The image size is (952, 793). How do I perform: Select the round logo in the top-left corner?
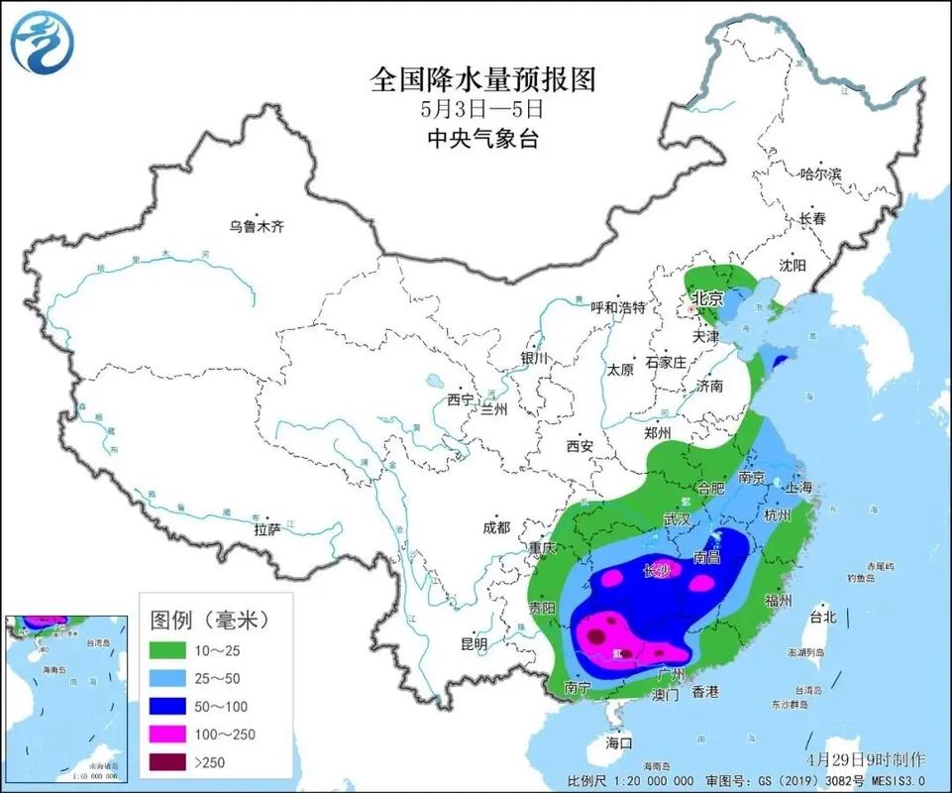pos(41,41)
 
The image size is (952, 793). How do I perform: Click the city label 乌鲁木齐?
pos(257,227)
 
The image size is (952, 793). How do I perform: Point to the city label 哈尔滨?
pos(820,174)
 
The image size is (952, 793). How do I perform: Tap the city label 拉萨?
pos(267,529)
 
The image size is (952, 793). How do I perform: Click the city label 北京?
pos(707,297)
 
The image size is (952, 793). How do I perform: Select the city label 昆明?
pos(475,643)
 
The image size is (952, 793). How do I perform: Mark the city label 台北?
pos(823,617)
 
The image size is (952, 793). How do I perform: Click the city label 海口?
pos(619,741)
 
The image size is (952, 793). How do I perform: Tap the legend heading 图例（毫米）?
pos(209,620)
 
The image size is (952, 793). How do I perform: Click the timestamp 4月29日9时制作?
pos(866,759)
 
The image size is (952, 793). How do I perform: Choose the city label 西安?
pos(580,446)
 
